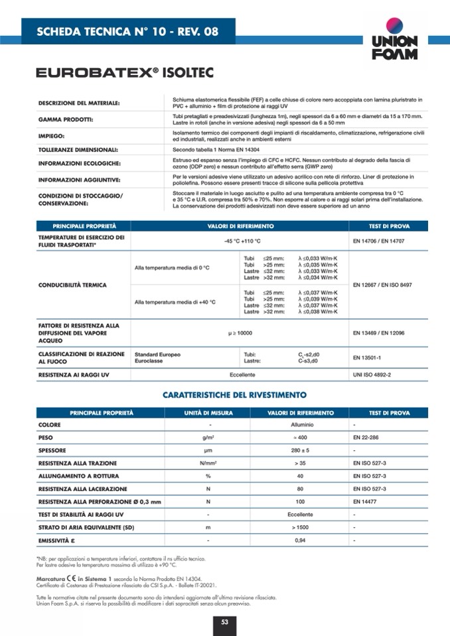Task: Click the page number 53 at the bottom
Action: (224, 621)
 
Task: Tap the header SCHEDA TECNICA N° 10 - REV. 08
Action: (127, 31)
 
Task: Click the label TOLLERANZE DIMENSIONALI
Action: (78, 150)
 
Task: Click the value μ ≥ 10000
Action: (241, 332)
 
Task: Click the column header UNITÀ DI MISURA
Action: (208, 413)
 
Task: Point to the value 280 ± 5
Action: (300, 450)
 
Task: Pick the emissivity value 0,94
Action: (300, 541)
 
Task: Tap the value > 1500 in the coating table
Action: (300, 527)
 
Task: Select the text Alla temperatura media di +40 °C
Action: (175, 302)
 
